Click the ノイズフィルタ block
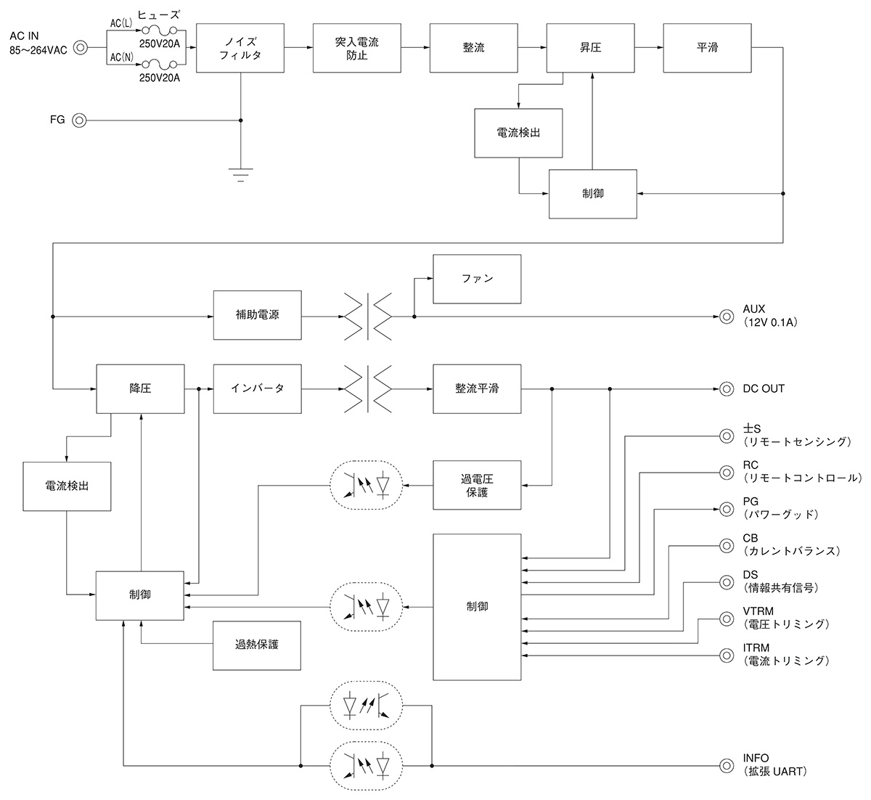240,47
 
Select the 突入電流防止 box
357,47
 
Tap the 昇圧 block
590,47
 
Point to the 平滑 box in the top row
707,47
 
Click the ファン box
477,279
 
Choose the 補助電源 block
257,316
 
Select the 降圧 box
140,388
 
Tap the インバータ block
257,388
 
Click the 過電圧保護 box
477,485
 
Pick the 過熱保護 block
257,645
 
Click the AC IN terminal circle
81,48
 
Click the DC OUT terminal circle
726,388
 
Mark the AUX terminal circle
726,316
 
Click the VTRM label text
757,611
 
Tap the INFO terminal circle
726,764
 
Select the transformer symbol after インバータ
367,388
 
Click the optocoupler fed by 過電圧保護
367,485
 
